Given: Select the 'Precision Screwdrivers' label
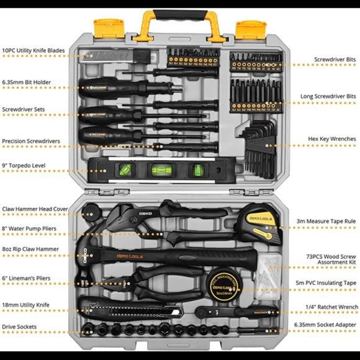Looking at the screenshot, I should (x=31, y=142).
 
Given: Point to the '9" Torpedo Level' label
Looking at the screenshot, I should (x=24, y=165).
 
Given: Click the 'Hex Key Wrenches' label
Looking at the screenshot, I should (x=332, y=138).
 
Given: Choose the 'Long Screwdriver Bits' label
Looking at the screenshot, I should (x=327, y=97).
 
